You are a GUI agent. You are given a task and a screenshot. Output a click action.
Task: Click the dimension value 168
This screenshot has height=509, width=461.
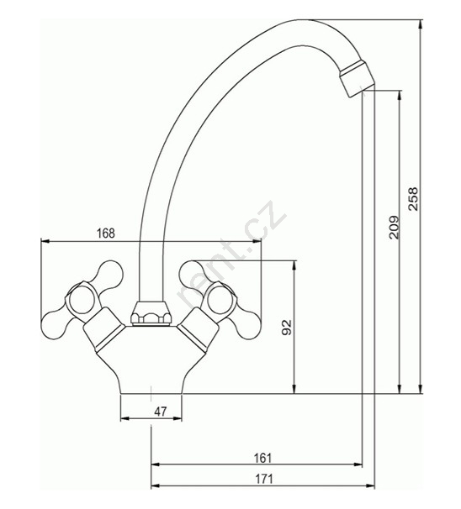click(106, 233)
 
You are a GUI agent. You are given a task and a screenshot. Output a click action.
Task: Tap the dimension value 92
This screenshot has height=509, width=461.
click(287, 327)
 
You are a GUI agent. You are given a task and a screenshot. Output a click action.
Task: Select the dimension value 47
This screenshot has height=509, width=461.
click(161, 412)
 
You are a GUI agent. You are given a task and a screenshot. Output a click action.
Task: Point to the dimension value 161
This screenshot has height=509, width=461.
click(262, 458)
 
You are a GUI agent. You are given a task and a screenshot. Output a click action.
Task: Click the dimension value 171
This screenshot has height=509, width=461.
click(263, 479)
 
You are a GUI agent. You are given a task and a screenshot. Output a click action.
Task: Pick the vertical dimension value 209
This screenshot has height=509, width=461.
click(394, 227)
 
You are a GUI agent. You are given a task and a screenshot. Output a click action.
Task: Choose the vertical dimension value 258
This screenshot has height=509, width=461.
click(414, 199)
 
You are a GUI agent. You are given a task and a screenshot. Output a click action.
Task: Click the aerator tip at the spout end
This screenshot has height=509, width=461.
click(358, 79)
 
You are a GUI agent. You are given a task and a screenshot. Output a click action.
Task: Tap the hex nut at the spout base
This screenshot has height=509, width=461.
click(151, 313)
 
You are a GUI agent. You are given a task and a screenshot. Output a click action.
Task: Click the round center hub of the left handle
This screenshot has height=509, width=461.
click(82, 300)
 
